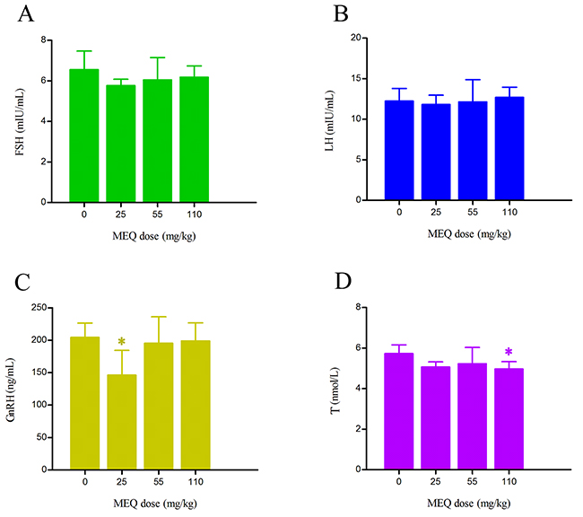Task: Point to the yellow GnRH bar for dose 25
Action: (x=121, y=422)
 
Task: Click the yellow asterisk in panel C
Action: (x=121, y=342)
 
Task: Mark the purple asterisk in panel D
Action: (x=509, y=353)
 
